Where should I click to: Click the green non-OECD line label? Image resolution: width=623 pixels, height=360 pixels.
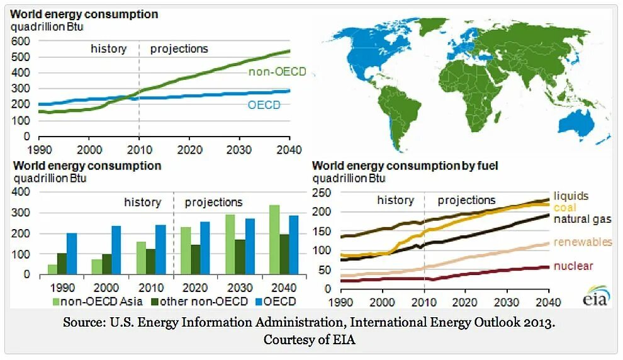[x=277, y=72]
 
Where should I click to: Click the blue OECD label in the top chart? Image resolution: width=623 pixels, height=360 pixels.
[x=265, y=105]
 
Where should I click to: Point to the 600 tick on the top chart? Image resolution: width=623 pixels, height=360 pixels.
[x=21, y=41]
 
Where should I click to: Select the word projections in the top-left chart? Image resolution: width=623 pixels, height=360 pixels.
[x=179, y=49]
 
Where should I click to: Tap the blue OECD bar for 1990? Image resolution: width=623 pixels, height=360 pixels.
[x=71, y=254]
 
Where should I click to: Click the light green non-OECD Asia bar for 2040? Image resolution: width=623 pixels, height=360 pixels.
[x=274, y=240]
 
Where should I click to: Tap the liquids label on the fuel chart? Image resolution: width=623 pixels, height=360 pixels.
[x=571, y=196]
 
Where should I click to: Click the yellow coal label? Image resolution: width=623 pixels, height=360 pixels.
[x=564, y=207]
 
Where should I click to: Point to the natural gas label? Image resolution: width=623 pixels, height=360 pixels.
[x=582, y=219]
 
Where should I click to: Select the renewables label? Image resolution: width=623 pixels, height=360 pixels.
[x=583, y=242]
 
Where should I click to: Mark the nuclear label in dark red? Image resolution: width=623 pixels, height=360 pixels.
[x=573, y=266]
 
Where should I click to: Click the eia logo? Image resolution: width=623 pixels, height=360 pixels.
[x=595, y=296]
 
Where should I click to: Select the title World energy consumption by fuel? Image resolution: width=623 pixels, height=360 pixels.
[x=405, y=166]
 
